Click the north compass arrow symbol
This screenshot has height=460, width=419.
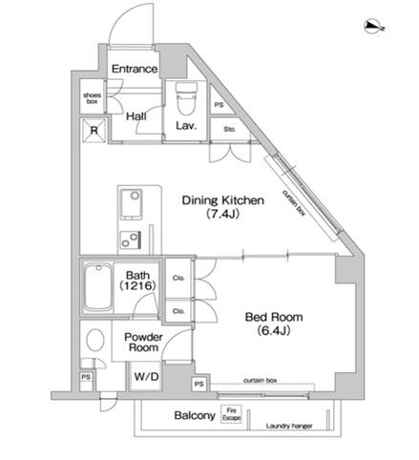(x=374, y=27)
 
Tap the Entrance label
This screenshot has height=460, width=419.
(x=135, y=69)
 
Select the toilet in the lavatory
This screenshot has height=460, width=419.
(x=186, y=98)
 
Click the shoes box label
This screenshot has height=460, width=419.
(x=92, y=98)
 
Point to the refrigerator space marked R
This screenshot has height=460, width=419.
(x=94, y=131)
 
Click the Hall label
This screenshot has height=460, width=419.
(x=136, y=116)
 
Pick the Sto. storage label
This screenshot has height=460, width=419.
(x=229, y=129)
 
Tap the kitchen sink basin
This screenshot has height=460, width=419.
(x=132, y=204)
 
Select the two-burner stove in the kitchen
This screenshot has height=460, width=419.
(x=131, y=240)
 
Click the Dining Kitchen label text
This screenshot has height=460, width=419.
(x=222, y=200)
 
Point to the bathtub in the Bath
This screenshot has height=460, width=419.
(x=98, y=287)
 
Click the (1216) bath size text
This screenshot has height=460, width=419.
(x=137, y=286)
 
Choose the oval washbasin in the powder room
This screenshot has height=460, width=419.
(x=95, y=340)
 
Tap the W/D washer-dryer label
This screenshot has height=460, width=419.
(x=146, y=377)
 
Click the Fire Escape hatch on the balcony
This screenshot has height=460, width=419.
(x=231, y=414)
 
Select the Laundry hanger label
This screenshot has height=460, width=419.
(x=289, y=426)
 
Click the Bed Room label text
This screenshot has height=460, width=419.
(x=274, y=317)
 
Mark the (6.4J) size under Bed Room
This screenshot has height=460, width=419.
(x=274, y=331)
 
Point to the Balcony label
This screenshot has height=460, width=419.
(x=195, y=415)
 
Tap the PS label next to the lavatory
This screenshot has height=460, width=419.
(x=219, y=105)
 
